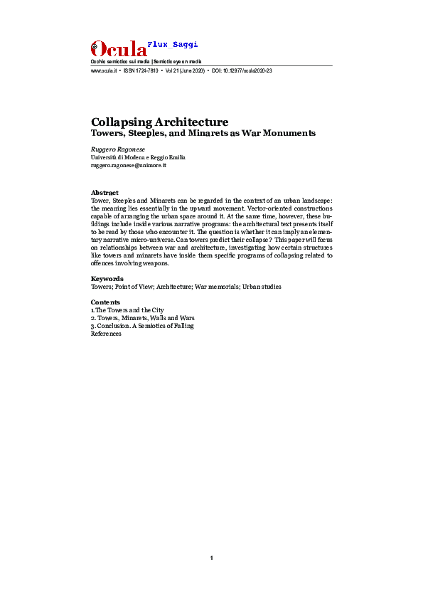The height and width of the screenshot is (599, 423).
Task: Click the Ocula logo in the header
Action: [118, 49]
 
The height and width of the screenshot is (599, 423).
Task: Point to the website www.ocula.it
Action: [104, 72]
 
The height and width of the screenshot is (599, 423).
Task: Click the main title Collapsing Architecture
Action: [159, 122]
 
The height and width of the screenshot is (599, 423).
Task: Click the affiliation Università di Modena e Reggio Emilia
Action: [138, 157]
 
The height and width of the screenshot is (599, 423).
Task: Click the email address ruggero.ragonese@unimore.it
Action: [129, 165]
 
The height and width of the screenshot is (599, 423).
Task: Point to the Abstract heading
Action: [105, 193]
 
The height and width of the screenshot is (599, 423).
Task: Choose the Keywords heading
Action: [107, 279]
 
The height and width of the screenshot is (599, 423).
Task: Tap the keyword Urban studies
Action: [261, 287]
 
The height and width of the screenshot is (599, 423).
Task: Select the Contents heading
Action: [106, 302]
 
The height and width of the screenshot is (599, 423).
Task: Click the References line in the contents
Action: [107, 334]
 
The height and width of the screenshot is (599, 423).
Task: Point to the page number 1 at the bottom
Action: [212, 558]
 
